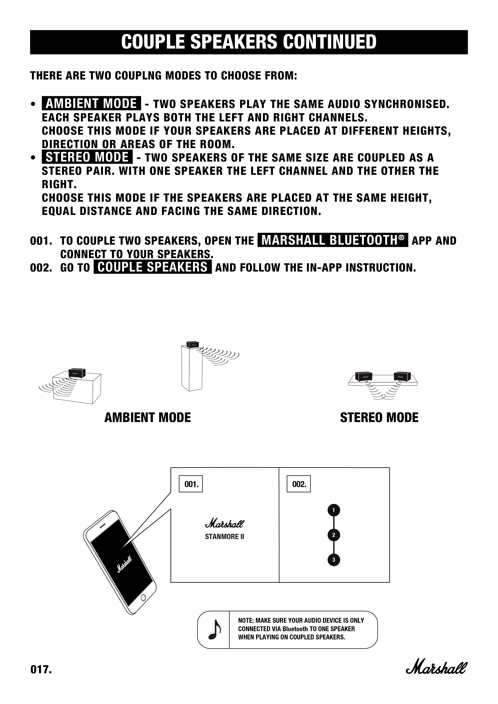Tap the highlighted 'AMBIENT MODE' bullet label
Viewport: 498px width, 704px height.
(91, 103)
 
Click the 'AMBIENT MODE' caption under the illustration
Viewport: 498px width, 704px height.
(148, 418)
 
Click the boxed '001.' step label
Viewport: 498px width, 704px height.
(191, 484)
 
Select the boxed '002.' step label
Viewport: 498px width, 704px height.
(299, 484)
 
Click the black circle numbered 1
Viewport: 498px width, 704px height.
(334, 510)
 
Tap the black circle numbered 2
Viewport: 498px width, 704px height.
(334, 535)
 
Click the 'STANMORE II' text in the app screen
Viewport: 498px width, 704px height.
(224, 537)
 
